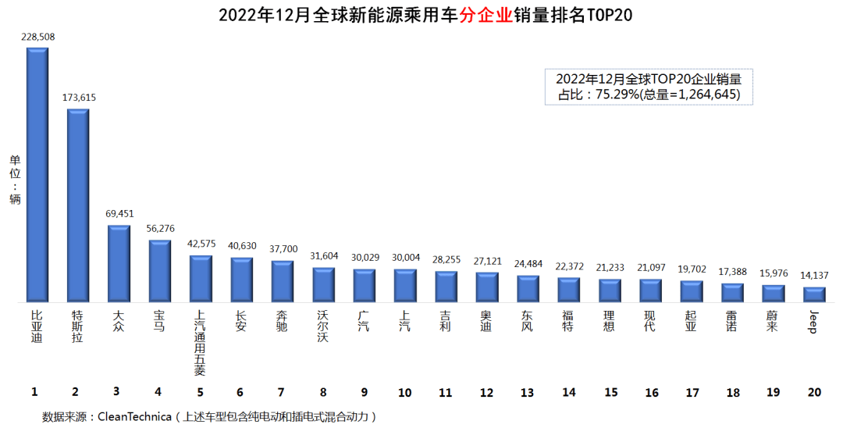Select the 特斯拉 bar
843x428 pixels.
click(78, 205)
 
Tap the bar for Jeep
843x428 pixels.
click(814, 295)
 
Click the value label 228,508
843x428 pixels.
click(37, 37)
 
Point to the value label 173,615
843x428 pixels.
click(79, 98)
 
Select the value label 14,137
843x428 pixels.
click(814, 275)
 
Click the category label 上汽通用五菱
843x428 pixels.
click(201, 343)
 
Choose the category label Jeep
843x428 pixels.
click(813, 321)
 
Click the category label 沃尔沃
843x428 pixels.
click(322, 326)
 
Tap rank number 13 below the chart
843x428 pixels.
click(527, 392)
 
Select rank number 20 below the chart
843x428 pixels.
click(814, 392)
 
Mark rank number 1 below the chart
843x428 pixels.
click(34, 392)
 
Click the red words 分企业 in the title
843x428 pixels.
click(484, 16)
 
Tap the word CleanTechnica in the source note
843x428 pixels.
click(133, 417)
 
